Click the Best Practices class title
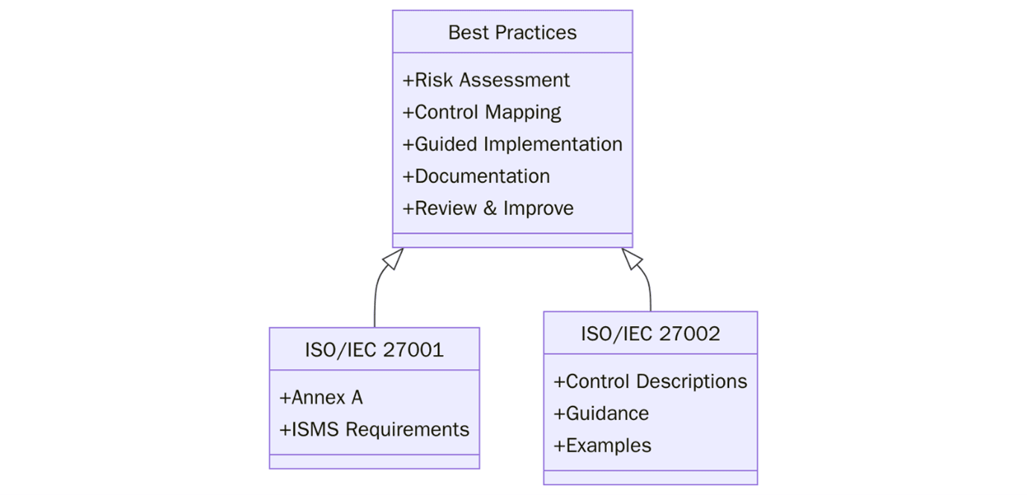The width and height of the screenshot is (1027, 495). [x=512, y=33]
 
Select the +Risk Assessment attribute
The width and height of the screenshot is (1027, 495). [x=486, y=80]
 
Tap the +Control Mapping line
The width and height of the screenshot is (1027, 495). [x=482, y=112]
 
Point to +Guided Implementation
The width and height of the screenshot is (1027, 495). [x=512, y=144]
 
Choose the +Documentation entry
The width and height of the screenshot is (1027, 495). [x=476, y=176]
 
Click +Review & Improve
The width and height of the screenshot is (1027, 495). [x=488, y=208]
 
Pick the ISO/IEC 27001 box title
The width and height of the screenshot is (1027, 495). [x=374, y=349]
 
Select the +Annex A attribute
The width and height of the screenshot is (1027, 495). [x=321, y=397]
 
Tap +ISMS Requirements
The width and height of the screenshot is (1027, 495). [x=374, y=429]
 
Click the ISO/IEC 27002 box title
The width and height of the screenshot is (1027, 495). [x=650, y=333]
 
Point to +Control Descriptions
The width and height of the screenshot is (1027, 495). [x=650, y=381]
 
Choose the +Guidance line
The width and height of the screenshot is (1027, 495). [x=601, y=413]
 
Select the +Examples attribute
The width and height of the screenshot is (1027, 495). [x=602, y=445]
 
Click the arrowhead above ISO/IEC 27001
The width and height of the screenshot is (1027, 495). [x=392, y=258]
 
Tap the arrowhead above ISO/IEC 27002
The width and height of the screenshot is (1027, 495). [x=632, y=258]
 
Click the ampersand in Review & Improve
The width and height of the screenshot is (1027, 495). [x=489, y=208]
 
